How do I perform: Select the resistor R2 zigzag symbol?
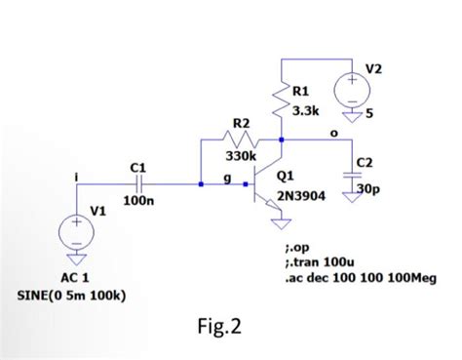(240, 140)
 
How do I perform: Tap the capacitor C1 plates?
(139, 181)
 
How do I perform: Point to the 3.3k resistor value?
(308, 111)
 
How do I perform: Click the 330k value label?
(241, 156)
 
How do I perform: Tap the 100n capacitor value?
(135, 200)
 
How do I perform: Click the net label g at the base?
(226, 177)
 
